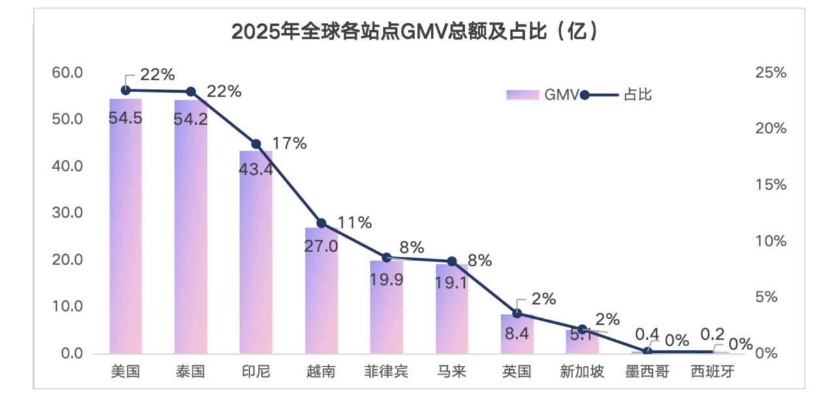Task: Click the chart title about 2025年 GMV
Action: (x=415, y=31)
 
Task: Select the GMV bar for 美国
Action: (x=125, y=229)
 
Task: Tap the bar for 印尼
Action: (x=256, y=255)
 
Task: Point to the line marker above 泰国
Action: (x=191, y=91)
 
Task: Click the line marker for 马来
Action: (x=452, y=261)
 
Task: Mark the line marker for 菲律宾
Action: (x=386, y=257)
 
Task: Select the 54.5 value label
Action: (x=125, y=118)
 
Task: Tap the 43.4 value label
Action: (x=256, y=169)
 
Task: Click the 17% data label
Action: (x=290, y=144)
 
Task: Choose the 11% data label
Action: (x=355, y=223)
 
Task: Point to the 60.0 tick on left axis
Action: (x=67, y=73)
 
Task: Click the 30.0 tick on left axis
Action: (x=67, y=213)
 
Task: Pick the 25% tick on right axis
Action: (x=770, y=73)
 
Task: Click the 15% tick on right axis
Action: (x=770, y=185)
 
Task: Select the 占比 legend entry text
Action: (x=638, y=95)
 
